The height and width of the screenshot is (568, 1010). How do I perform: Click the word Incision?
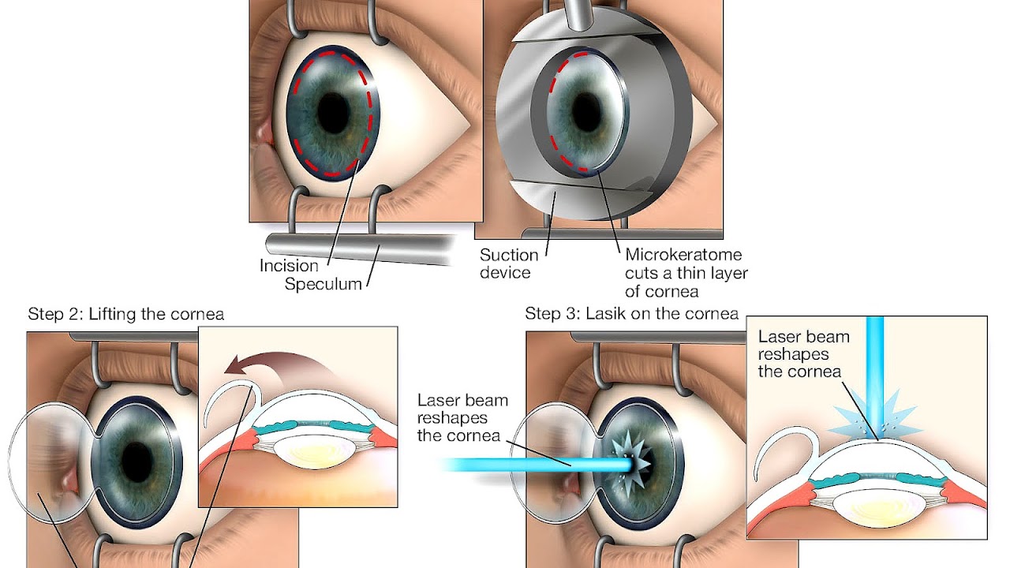click(289, 266)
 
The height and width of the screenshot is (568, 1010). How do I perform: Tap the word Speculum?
click(324, 284)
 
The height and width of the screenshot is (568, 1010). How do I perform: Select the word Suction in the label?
click(509, 256)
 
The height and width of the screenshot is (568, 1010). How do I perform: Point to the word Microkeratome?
click(683, 256)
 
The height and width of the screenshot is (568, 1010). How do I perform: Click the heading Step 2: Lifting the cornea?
click(126, 315)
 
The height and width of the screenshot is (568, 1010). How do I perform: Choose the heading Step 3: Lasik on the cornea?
click(632, 314)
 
